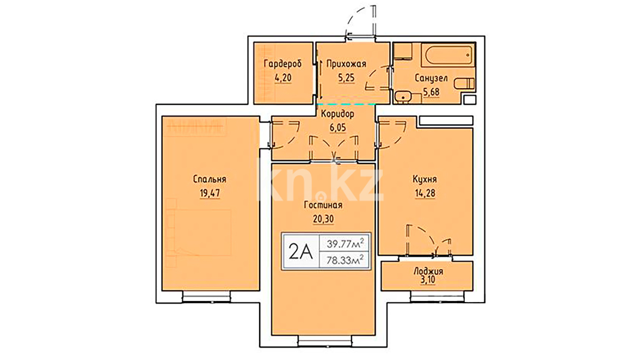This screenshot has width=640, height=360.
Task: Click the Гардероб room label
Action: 283,64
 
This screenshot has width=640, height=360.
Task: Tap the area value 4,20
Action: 283,78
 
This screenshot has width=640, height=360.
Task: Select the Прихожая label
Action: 346,64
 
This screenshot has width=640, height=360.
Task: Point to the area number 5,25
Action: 346,78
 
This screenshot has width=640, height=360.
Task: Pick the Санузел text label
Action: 431,78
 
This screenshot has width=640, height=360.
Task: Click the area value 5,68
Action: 431,92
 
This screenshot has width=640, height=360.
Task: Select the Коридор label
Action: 337,114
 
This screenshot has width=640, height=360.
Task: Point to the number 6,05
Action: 338,128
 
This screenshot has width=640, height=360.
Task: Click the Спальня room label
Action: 210,179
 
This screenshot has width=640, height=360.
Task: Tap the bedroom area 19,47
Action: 210,193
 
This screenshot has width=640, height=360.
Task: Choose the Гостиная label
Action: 323,205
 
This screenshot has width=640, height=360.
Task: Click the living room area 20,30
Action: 323,219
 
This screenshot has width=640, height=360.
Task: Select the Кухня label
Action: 425,179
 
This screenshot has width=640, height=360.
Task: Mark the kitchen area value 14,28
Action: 425,193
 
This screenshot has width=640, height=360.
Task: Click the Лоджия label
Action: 428,271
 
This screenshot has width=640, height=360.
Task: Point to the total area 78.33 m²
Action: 345,260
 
